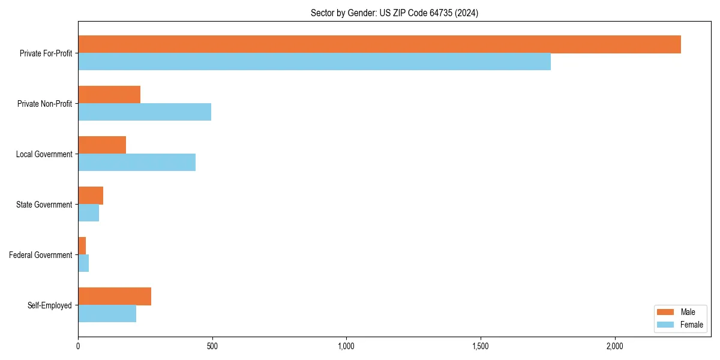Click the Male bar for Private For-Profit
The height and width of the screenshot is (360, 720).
pyautogui.click(x=379, y=44)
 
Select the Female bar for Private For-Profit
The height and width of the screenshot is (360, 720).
pyautogui.click(x=314, y=62)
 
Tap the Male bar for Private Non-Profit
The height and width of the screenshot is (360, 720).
pyautogui.click(x=109, y=95)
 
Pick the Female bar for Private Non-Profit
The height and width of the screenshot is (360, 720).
pyautogui.click(x=145, y=112)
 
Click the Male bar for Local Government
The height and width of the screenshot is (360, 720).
pyautogui.click(x=102, y=145)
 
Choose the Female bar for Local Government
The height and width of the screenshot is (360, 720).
pyautogui.click(x=137, y=163)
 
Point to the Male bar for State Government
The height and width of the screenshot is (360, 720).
pyautogui.click(x=91, y=196)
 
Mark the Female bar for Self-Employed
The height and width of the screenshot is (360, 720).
pyautogui.click(x=107, y=314)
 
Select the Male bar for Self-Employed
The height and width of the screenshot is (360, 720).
pyautogui.click(x=115, y=296)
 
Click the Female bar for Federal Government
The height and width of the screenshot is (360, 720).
pyautogui.click(x=83, y=263)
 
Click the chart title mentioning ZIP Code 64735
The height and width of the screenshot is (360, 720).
pyautogui.click(x=394, y=13)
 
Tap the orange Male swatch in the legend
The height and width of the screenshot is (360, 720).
pyautogui.click(x=665, y=312)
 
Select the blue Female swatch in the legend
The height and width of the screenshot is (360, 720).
pyautogui.click(x=665, y=325)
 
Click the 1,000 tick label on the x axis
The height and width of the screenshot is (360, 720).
pyautogui.click(x=346, y=346)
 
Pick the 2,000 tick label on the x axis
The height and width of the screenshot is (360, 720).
pyautogui.click(x=614, y=346)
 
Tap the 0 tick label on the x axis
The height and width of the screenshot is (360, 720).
pyautogui.click(x=78, y=346)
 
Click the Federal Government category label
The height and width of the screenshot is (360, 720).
pyautogui.click(x=41, y=255)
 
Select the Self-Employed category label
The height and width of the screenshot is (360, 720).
pyautogui.click(x=50, y=305)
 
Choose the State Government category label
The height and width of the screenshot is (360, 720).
pyautogui.click(x=44, y=205)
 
